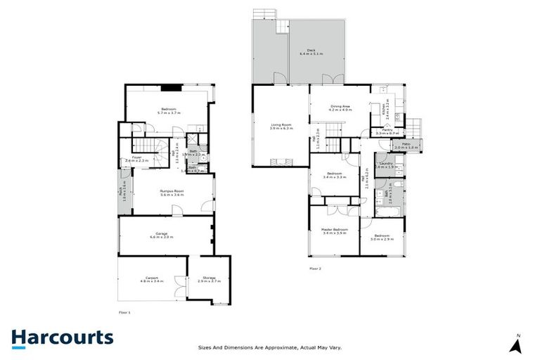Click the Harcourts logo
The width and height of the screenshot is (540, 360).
coord(62,337)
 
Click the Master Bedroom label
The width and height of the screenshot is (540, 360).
coord(335,231)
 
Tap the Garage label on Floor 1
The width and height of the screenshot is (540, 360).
coord(165,236)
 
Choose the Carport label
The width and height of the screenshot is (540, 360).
coord(153,278)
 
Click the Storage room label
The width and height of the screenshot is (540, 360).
coord(211,278)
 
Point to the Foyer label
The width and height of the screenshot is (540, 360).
coord(137,159)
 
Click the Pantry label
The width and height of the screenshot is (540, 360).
coord(387,131)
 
